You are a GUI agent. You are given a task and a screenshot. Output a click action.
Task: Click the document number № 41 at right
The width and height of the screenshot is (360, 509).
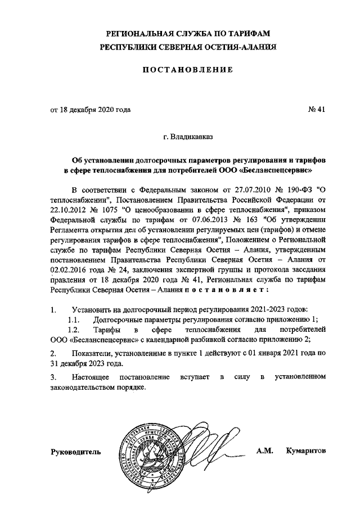click(x=317, y=110)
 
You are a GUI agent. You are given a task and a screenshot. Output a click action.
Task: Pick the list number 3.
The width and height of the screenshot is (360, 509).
click(x=53, y=376)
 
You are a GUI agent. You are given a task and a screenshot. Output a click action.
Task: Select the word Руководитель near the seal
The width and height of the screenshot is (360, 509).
click(x=76, y=452)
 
